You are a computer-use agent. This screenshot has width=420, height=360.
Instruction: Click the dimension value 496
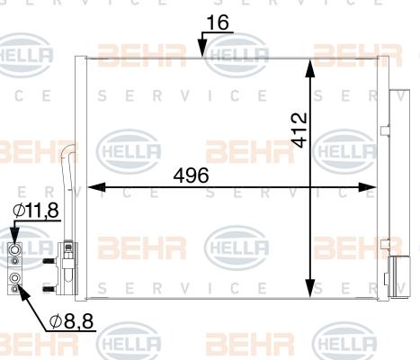point(192,176)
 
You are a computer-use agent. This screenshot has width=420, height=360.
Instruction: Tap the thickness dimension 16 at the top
point(216,22)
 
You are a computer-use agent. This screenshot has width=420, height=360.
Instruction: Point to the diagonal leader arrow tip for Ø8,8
point(20,285)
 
